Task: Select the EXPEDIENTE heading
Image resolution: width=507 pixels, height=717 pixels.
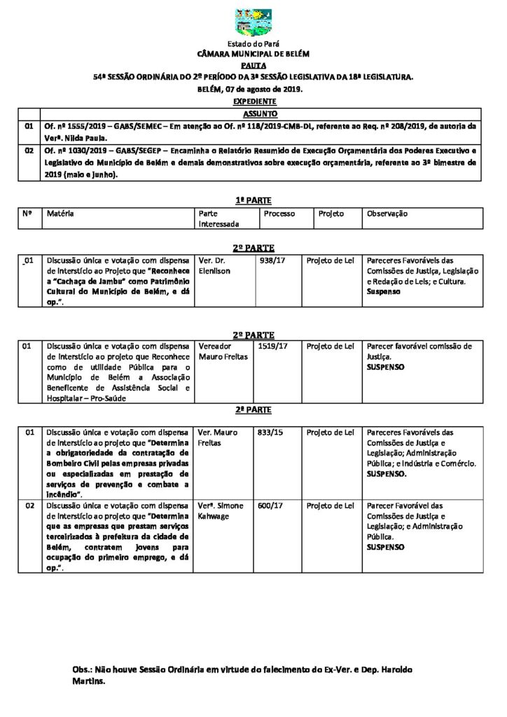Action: (253, 102)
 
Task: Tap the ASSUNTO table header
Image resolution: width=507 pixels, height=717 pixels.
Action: (260, 113)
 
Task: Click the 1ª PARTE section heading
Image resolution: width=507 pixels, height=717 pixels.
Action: (253, 200)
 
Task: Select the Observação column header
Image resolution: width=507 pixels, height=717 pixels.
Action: (387, 214)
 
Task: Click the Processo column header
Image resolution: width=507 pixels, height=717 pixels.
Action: (279, 214)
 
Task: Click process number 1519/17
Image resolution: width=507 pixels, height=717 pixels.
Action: (272, 346)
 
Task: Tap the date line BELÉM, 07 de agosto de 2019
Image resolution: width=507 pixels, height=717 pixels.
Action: (253, 90)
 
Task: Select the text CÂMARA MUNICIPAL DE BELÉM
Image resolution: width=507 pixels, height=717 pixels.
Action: (253, 53)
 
